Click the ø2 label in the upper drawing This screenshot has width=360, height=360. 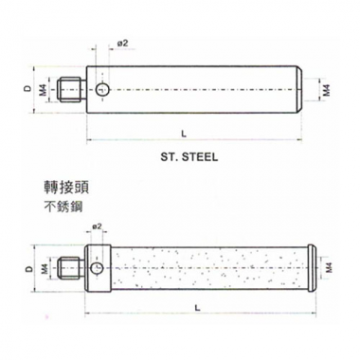pos(123,44)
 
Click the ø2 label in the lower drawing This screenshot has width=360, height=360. pos(97,226)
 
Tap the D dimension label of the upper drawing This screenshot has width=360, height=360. pos(28,89)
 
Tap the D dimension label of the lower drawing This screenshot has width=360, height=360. pos(28,268)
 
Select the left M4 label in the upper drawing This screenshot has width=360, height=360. pos(44,90)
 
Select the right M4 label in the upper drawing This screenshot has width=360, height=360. pos(327,90)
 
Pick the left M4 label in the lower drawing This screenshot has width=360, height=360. pos(45,269)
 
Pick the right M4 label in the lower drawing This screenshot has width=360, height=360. pos(330,268)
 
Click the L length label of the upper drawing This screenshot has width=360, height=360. pos(184,134)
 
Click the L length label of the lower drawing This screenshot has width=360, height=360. pos(197,308)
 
